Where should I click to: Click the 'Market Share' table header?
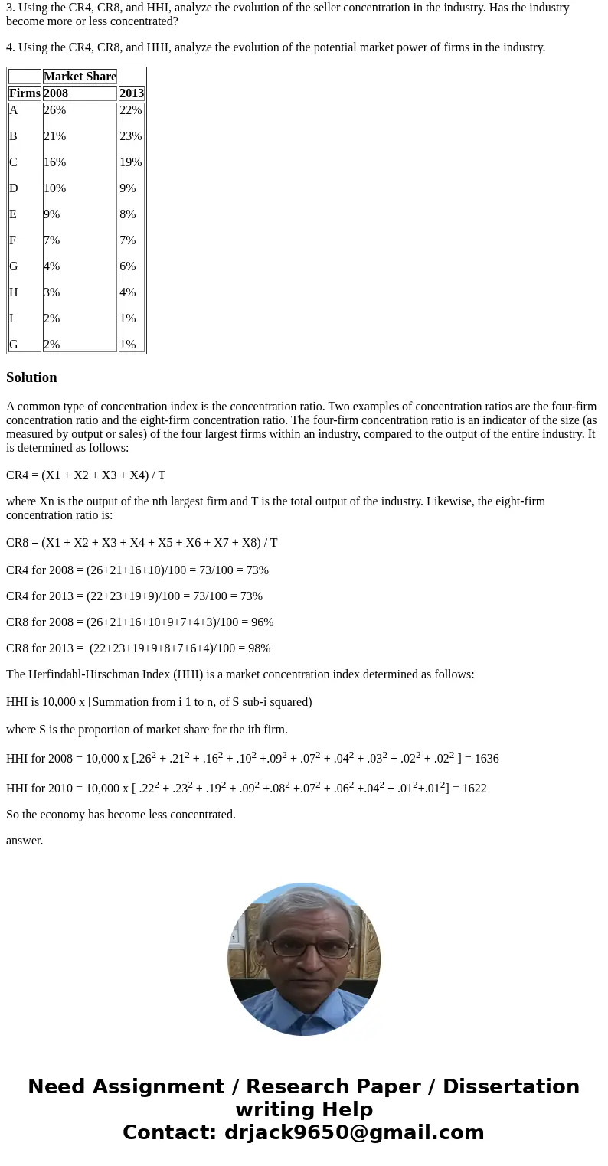[x=80, y=77]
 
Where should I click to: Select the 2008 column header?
[x=56, y=93]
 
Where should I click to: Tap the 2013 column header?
[x=132, y=93]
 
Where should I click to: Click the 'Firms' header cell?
[x=25, y=93]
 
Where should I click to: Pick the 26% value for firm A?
[x=54, y=110]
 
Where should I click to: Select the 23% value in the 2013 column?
[x=130, y=136]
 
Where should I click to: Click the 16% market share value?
[x=54, y=162]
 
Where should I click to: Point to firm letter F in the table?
[x=13, y=240]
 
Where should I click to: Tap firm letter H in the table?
[x=14, y=292]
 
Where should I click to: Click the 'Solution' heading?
[x=31, y=377]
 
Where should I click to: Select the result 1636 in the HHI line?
[x=486, y=759]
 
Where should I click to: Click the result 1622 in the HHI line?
[x=474, y=789]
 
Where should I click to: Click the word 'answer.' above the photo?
[x=25, y=841]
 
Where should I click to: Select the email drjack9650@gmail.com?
[x=354, y=1132]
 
